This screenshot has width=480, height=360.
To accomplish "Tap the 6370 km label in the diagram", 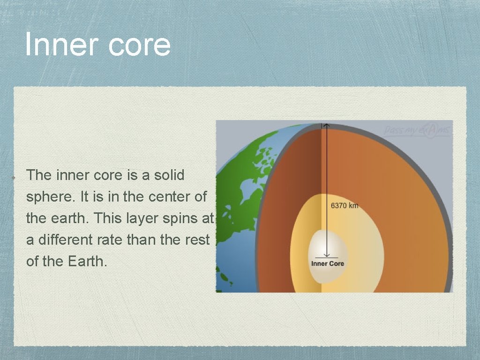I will click(x=345, y=205).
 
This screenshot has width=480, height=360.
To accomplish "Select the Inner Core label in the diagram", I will click(x=327, y=263).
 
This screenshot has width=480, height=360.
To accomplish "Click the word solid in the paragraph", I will click(x=168, y=175).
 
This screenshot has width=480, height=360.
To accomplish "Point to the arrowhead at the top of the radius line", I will click(x=327, y=125).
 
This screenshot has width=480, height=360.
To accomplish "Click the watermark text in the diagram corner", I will click(x=417, y=130).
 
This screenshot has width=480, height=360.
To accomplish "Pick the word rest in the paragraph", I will click(x=197, y=240).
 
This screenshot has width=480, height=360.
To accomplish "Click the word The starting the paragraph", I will click(x=39, y=175).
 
